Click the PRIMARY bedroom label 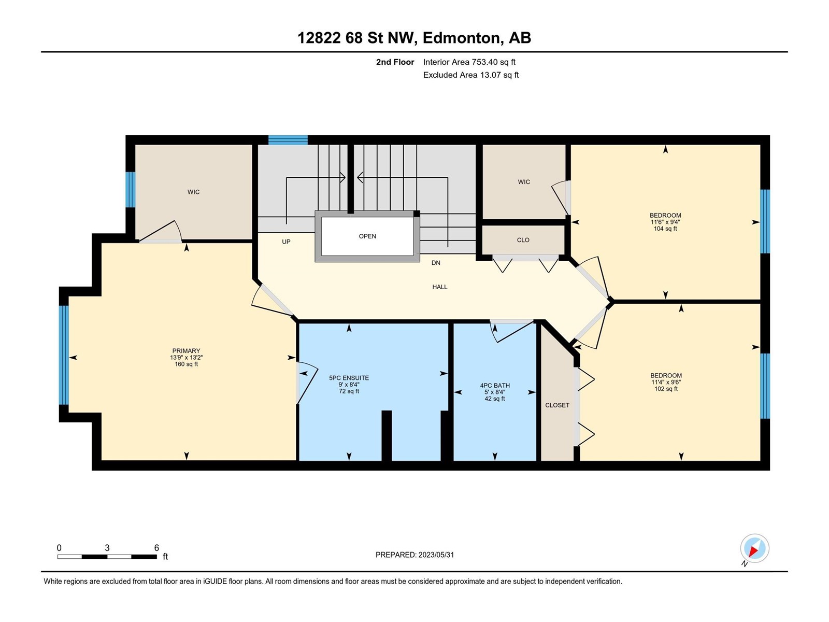click(186, 350)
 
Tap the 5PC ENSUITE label click(349, 378)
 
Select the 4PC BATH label click(495, 385)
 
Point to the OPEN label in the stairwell click(367, 236)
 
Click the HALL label click(440, 287)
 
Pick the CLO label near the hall click(523, 240)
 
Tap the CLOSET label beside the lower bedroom click(557, 405)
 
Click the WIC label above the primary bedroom click(194, 192)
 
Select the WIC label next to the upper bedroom click(524, 182)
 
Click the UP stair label click(287, 242)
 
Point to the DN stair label click(436, 263)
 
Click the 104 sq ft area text click(665, 229)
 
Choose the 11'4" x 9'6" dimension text click(666, 382)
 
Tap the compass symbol click(754, 548)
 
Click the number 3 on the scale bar click(107, 548)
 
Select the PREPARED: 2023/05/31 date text click(414, 555)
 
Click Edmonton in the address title click(463, 38)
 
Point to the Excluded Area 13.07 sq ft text click(471, 75)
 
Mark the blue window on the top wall click(288, 140)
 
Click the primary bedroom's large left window click(64, 355)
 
